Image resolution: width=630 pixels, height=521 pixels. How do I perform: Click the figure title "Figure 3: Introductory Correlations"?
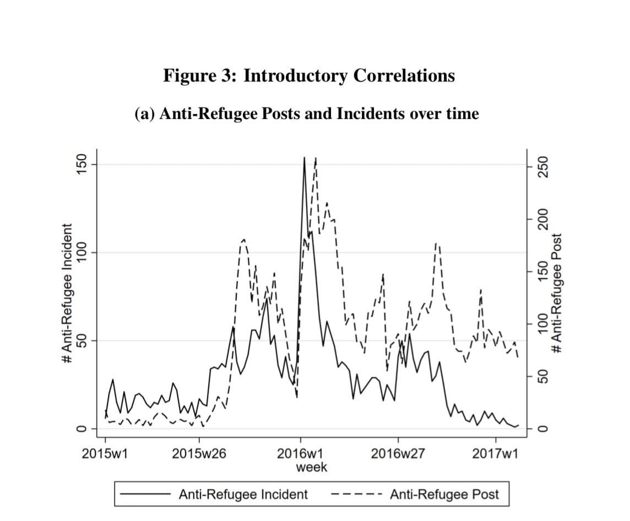(309, 75)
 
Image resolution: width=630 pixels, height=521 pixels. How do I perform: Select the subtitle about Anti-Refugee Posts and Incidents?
(307, 113)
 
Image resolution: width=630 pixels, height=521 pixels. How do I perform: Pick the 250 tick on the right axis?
(542, 166)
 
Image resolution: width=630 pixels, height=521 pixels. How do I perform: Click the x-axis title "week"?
(311, 467)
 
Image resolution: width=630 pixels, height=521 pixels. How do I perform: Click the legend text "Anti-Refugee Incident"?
(243, 494)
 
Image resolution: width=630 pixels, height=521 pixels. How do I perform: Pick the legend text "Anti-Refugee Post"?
(444, 494)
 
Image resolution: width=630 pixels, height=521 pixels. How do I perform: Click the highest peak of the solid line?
(304, 158)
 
